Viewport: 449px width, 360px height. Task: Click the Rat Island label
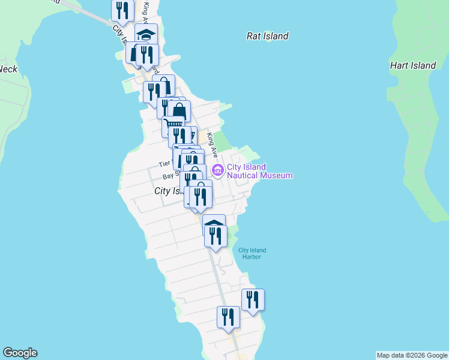pos(268,36)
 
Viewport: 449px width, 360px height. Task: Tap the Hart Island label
pos(413,65)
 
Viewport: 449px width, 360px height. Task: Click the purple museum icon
pos(217,172)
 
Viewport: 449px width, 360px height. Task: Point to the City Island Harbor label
pos(252,253)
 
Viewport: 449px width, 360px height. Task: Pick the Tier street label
pos(164,163)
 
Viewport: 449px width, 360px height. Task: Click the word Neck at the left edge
pos(8,69)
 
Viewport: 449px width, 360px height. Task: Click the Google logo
pos(20,353)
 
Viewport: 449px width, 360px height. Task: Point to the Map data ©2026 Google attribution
pos(412,355)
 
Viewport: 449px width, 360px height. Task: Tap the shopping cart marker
pos(173,125)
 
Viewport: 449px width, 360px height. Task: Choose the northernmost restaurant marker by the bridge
pos(122,10)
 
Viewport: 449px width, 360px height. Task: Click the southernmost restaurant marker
pos(228,317)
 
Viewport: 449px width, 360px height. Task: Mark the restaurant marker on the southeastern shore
pos(253,299)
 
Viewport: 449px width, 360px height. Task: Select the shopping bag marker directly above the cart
pos(179,111)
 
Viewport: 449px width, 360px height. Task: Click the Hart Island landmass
pos(420,120)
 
